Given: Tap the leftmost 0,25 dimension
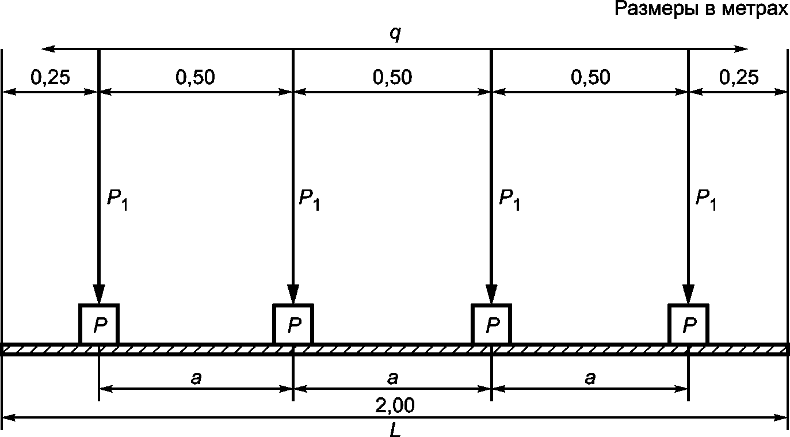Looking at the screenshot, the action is pos(51,78).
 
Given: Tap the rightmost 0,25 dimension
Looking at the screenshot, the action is pos(739,78).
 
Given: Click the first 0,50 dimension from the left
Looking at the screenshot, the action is pos(196,78).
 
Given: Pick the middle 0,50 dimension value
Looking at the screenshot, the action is pos(392,78).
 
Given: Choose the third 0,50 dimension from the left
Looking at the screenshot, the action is pos(590,78).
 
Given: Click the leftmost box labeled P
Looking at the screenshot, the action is pos(99,324).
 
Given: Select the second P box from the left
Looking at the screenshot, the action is pos(293,324).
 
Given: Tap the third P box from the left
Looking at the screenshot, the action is pos(491,324).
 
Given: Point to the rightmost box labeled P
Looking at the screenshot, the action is pos(688,324).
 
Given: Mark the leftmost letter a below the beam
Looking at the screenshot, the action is pos(196,378).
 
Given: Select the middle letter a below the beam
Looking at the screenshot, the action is pos(392,378).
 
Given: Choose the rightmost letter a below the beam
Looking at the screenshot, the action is pos(590,378).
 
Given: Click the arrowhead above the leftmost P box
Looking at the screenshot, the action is pos(99,294).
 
